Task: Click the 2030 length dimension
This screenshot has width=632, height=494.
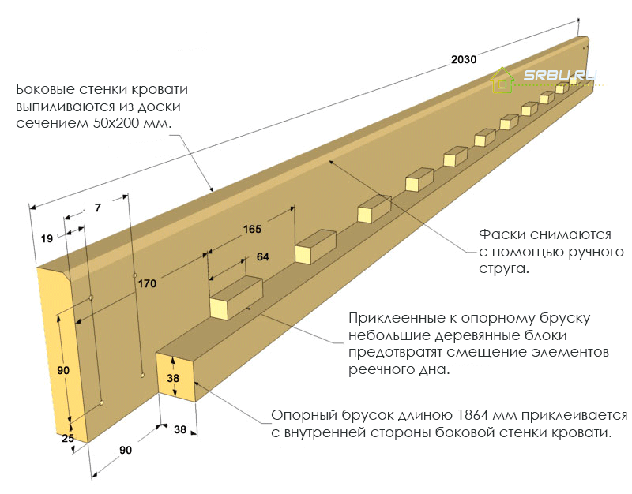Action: (463, 59)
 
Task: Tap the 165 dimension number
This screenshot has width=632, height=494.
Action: (252, 229)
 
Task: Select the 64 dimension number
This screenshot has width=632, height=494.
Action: (262, 256)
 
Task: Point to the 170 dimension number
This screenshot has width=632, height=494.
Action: (146, 283)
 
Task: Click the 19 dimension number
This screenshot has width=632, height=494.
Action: (47, 238)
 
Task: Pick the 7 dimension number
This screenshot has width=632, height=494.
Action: (98, 208)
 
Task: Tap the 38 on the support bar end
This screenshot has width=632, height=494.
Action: (174, 378)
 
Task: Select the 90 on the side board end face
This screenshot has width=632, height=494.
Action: (65, 370)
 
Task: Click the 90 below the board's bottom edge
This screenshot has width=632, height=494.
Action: (125, 450)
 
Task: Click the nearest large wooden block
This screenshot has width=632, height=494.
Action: (235, 298)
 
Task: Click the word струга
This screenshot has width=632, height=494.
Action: (503, 269)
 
